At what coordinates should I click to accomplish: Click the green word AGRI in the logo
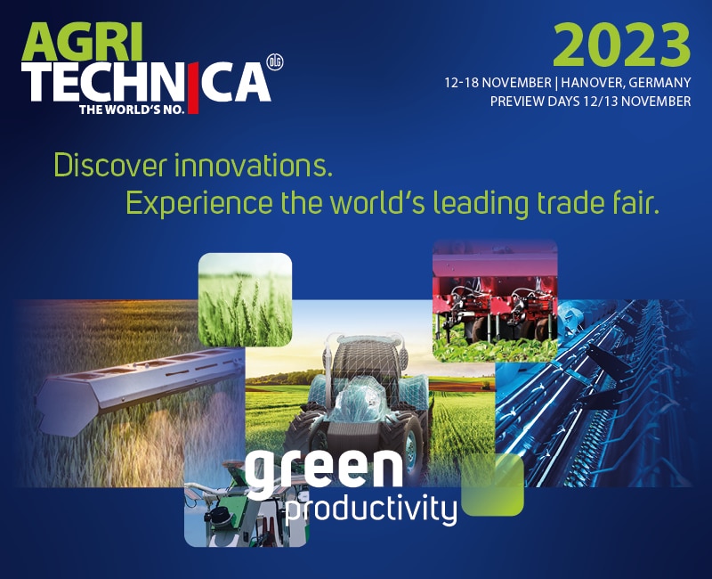click(x=82, y=42)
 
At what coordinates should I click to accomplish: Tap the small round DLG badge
click(x=274, y=62)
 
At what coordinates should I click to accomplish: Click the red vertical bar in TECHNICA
click(x=193, y=88)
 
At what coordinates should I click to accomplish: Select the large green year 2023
click(x=621, y=45)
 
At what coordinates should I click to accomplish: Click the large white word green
click(x=324, y=473)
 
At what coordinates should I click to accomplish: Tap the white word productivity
click(x=371, y=510)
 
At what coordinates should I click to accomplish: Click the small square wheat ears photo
click(x=246, y=299)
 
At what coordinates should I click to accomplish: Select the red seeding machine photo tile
click(x=495, y=301)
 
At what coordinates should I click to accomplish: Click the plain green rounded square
click(x=493, y=485)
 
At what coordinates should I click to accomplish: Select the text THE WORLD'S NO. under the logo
click(x=132, y=109)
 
